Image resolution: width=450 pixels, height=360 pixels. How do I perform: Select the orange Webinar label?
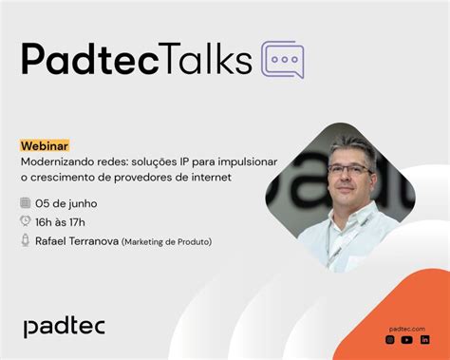point(45,146)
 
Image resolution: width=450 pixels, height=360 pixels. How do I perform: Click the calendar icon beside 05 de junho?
point(25,203)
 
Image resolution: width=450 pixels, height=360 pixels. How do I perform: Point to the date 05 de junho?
point(66,203)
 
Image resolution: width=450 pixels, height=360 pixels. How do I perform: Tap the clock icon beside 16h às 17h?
point(25,221)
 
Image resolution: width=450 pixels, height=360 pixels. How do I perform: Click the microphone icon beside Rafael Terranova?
point(25,240)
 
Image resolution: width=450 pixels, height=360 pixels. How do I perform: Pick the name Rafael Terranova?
point(77,240)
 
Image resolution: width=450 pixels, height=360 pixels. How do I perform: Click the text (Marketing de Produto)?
point(166,241)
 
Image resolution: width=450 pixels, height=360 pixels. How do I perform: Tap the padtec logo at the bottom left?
point(64,326)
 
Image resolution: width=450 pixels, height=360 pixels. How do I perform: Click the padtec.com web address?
point(407,326)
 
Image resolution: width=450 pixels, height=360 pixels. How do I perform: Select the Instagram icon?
point(389,339)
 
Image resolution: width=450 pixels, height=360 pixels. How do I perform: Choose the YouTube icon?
point(406,339)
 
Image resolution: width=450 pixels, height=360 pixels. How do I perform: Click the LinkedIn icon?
point(424,339)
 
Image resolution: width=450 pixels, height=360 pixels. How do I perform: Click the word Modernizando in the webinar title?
point(56,162)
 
